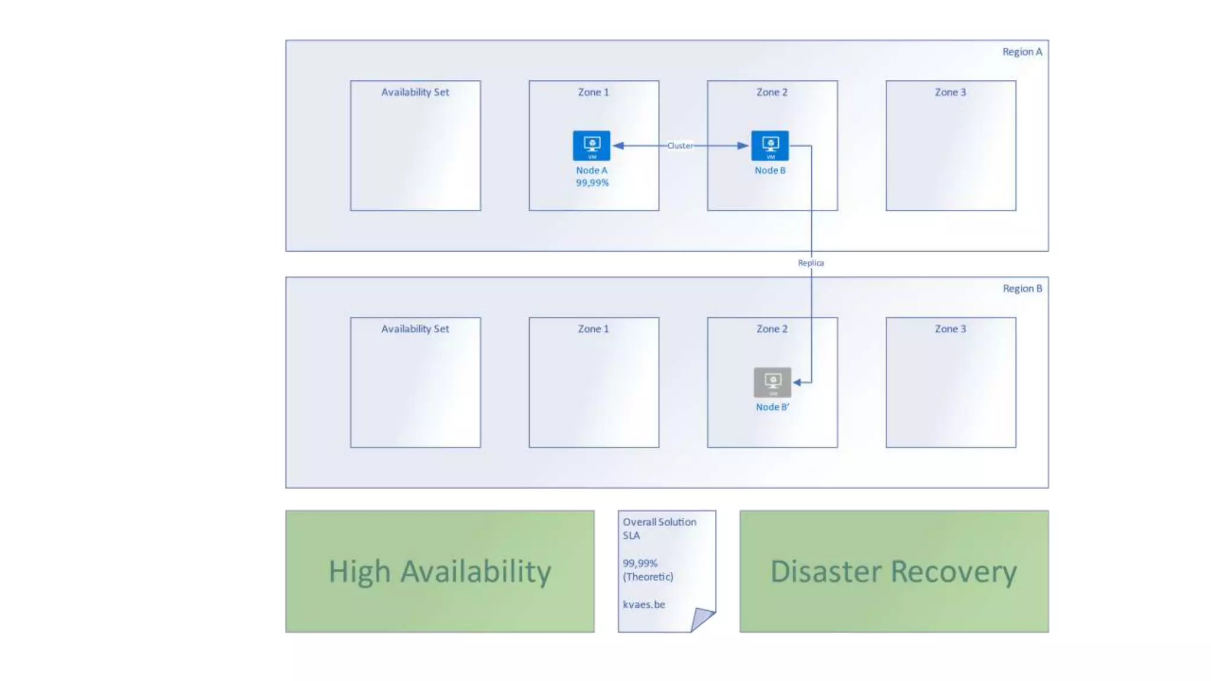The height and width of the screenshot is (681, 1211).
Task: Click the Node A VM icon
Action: pyautogui.click(x=591, y=145)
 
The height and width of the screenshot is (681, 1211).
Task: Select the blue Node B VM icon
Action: pyautogui.click(x=770, y=145)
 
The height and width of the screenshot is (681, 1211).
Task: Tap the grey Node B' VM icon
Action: pyautogui.click(x=772, y=382)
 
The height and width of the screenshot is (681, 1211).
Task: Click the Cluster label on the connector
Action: pyautogui.click(x=680, y=145)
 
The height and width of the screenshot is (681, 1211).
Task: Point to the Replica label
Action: pyautogui.click(x=811, y=263)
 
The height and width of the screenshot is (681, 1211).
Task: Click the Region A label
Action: pyautogui.click(x=1022, y=52)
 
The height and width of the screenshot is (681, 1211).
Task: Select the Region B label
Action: pyautogui.click(x=1022, y=288)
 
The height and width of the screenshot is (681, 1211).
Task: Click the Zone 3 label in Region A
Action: pyautogui.click(x=950, y=92)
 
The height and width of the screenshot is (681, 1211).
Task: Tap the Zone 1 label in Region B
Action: pyautogui.click(x=593, y=329)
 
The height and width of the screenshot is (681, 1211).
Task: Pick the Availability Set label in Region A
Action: pyautogui.click(x=415, y=92)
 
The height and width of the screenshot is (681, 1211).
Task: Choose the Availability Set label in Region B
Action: pyautogui.click(x=415, y=329)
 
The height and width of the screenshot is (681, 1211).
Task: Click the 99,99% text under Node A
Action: pyautogui.click(x=592, y=183)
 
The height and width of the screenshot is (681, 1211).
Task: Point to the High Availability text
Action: pyautogui.click(x=440, y=572)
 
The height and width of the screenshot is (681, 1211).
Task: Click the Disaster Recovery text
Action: pyautogui.click(x=893, y=572)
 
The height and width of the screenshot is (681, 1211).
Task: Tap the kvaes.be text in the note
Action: pyautogui.click(x=644, y=604)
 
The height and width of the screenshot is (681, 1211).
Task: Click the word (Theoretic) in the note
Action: pyautogui.click(x=647, y=577)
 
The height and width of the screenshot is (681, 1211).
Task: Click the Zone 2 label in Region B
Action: pyautogui.click(x=772, y=329)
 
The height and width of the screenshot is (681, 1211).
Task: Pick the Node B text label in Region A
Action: pyautogui.click(x=770, y=170)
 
